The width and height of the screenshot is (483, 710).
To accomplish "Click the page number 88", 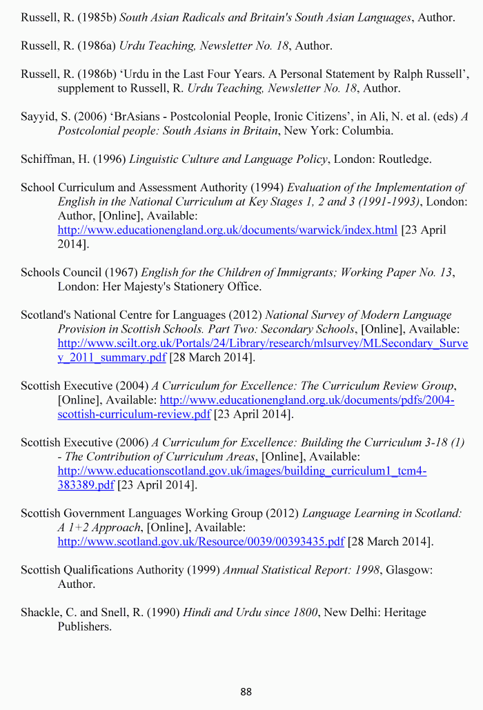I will (x=246, y=691).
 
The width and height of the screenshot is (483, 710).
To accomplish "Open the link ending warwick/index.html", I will (x=227, y=230).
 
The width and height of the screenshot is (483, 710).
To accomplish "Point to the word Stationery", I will (x=189, y=286).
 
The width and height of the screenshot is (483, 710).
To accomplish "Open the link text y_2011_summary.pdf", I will (x=112, y=357).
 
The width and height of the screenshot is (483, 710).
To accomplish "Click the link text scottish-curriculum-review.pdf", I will (x=134, y=414).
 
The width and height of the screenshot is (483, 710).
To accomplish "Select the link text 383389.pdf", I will (x=86, y=485).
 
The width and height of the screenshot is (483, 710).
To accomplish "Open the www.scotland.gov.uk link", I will (x=200, y=542).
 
